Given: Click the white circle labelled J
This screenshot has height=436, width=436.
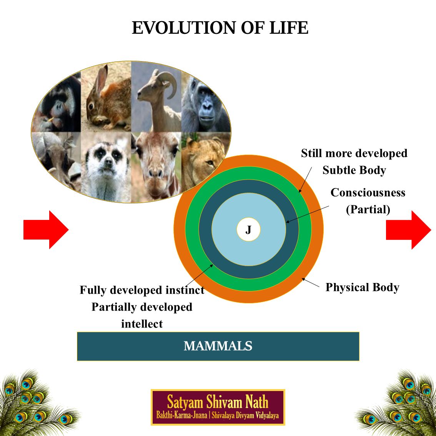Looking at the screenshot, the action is point(248,230).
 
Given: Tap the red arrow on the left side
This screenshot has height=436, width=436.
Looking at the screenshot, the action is point(46,230).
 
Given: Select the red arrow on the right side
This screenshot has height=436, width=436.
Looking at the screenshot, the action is point(408,230).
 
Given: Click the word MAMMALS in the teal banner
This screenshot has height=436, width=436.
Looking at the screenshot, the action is point(218,346).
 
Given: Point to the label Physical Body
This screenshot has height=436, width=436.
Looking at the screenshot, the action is point(362,287).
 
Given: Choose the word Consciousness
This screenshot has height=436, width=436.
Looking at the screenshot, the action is point(368,192).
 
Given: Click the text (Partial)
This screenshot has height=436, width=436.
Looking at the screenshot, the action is point(368,210).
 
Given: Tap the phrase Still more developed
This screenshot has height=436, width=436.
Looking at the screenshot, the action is point(354,153).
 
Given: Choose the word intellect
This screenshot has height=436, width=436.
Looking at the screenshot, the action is point(142,324).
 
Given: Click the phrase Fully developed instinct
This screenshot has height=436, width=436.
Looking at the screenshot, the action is point(142,290).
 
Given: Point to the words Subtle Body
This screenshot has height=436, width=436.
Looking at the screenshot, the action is point(354,170).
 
